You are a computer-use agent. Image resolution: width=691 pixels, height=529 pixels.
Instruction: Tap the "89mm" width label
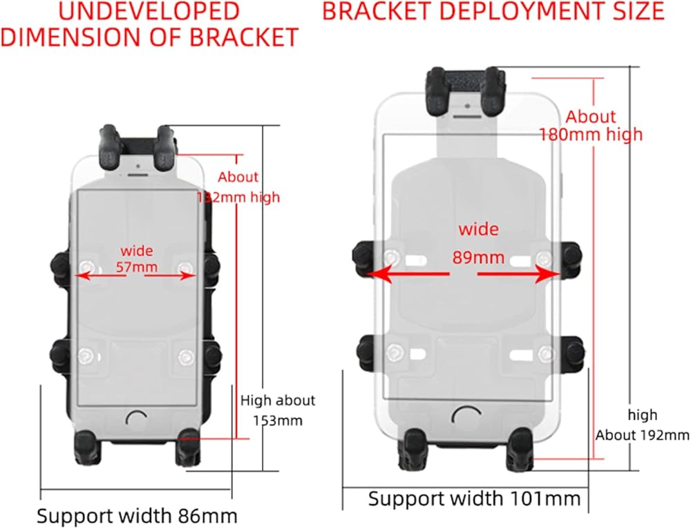tap(478, 258)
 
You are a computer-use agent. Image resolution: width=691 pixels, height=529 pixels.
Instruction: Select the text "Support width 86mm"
tap(137, 516)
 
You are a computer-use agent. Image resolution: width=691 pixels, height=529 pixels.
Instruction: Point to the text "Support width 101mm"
tap(473, 499)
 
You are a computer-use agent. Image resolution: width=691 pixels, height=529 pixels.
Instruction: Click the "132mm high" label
tap(239, 198)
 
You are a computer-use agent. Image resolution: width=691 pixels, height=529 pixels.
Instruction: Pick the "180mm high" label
tap(591, 134)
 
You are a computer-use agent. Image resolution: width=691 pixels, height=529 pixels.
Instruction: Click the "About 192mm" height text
tap(642, 435)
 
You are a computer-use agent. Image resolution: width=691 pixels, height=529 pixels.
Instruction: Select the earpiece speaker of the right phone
tap(467, 115)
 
